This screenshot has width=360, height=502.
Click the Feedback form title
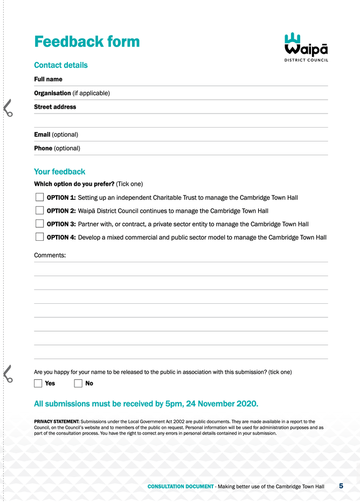pos(87,41)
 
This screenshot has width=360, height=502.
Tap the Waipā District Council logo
pos(306,47)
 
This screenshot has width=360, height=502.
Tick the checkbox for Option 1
pos(40,198)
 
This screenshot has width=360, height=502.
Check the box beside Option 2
pos(40,211)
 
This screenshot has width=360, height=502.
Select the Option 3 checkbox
pos(40,224)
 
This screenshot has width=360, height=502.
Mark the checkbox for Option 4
pos(40,237)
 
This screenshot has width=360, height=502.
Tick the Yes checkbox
pos(38,384)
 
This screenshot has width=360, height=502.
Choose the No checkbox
pos(78,384)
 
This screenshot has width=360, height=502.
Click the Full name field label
pos(48,79)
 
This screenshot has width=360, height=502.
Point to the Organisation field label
pos(52,93)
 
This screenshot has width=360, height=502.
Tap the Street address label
pos(55,107)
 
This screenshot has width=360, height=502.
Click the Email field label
pos(42,134)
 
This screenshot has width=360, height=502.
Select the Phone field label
pos(43,148)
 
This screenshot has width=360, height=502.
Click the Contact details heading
pos(60,65)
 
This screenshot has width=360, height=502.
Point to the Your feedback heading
pos(59,172)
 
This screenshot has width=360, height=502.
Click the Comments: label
pos(50,255)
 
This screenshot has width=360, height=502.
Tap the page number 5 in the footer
pos(341,486)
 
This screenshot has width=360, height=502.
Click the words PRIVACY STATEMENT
pos(57,421)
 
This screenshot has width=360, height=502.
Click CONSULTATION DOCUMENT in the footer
pos(181,486)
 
